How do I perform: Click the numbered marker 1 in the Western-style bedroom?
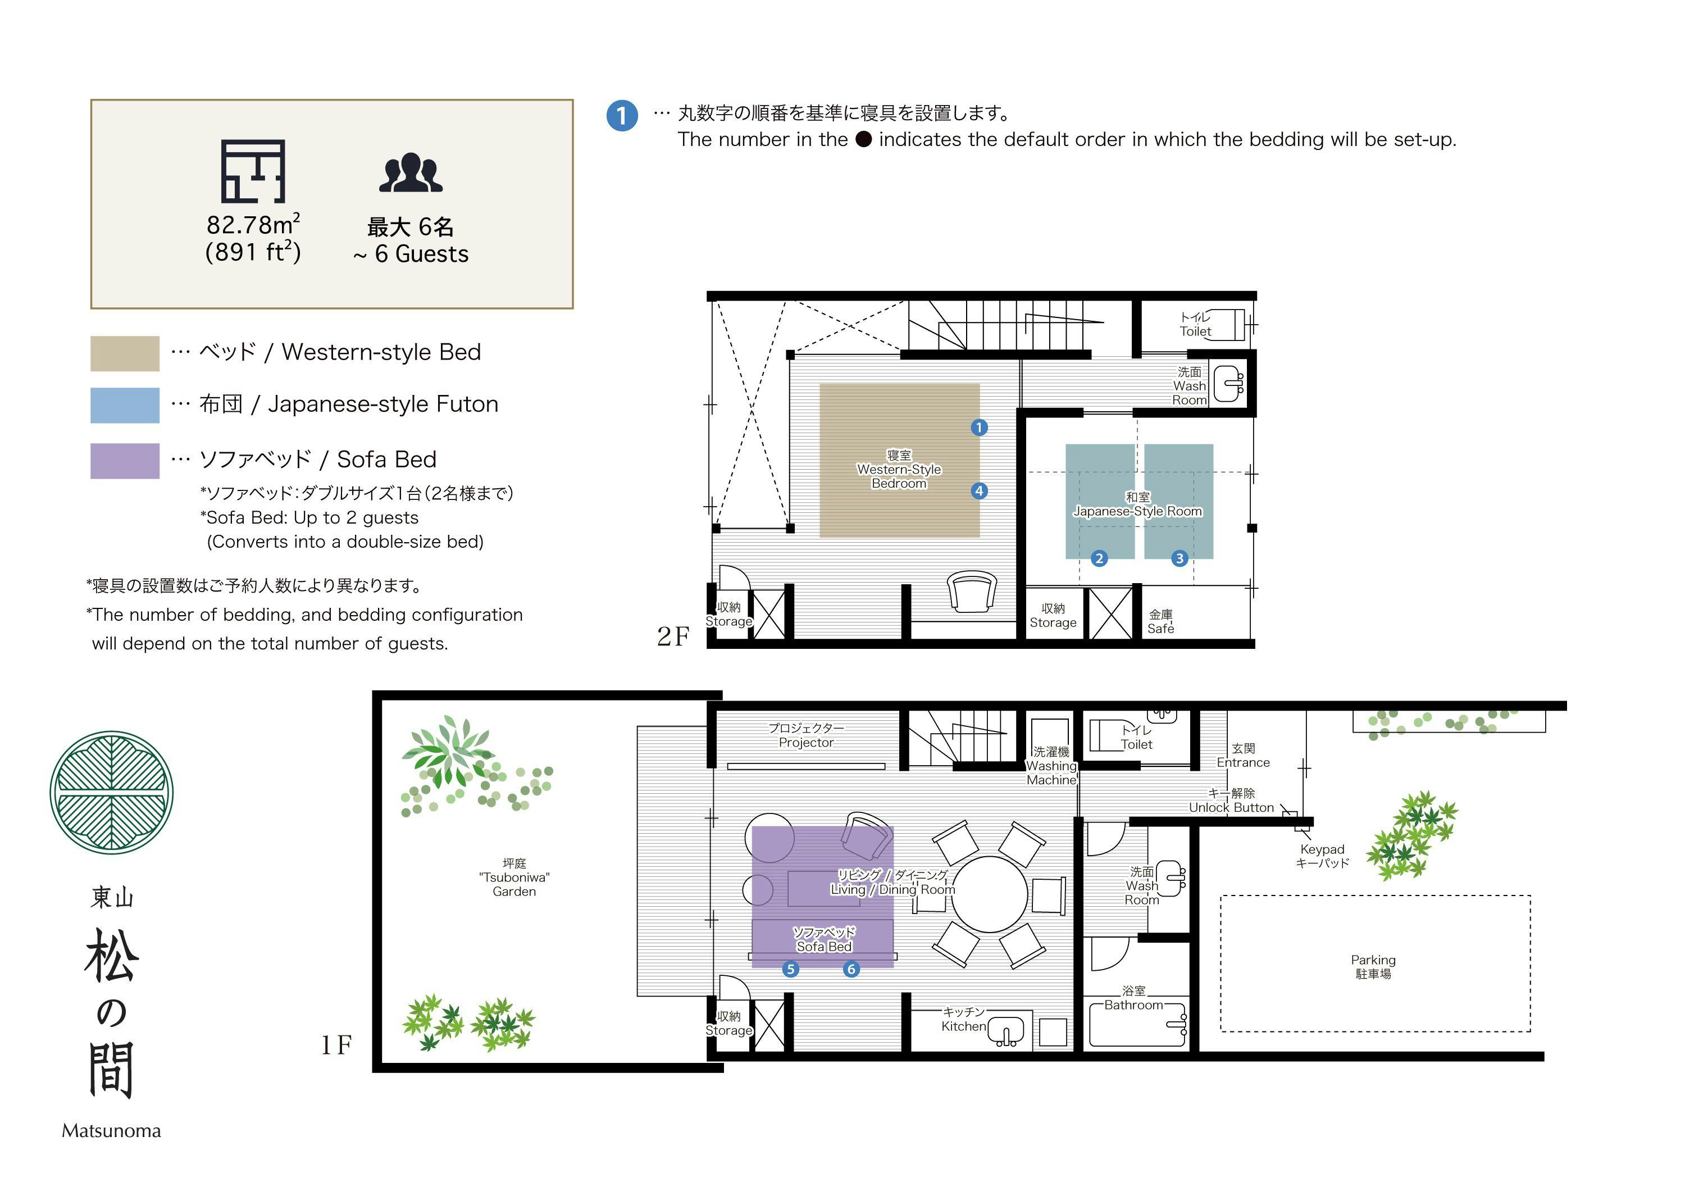[x=979, y=427]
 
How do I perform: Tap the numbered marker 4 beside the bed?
[x=979, y=491]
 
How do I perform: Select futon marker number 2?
[x=1099, y=558]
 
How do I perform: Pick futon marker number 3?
[x=1179, y=558]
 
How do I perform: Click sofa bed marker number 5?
[x=790, y=970]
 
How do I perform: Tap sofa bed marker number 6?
[x=851, y=970]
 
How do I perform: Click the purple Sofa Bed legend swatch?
[x=125, y=461]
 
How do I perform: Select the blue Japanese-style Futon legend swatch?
[x=125, y=405]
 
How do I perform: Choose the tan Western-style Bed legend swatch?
[x=125, y=354]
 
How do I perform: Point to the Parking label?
[x=1373, y=960]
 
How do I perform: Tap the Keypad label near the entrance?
[x=1323, y=849]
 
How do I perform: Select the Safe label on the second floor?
[x=1161, y=629]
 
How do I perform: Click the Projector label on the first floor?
[x=807, y=743]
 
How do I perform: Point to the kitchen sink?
[x=1005, y=1030]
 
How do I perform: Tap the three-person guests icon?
[x=411, y=172]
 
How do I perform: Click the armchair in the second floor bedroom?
[x=972, y=592]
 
